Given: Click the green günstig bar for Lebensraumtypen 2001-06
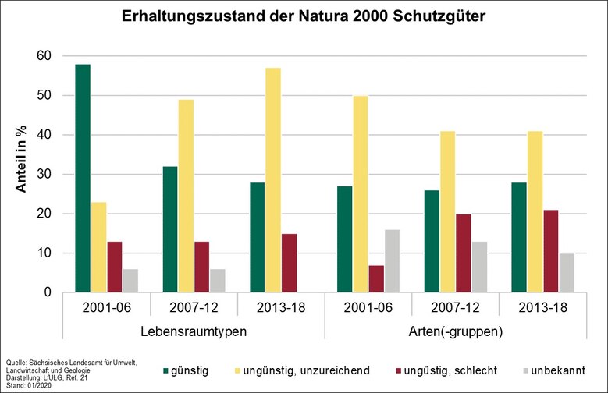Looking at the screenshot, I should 83,179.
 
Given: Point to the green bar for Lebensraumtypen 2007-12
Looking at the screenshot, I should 169,229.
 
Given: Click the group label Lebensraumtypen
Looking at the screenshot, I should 194,331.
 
